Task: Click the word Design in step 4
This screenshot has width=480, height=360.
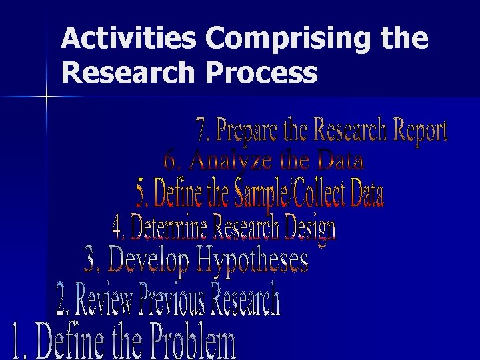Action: tap(310, 229)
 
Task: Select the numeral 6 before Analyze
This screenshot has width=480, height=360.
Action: tap(170, 161)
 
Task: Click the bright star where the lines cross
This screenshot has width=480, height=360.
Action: tap(47, 97)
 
